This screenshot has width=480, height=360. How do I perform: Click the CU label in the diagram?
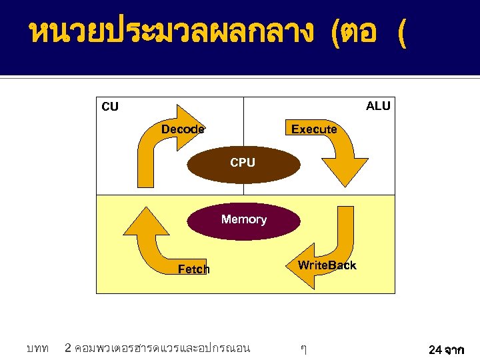(110, 107)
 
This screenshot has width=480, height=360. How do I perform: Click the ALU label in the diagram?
(378, 106)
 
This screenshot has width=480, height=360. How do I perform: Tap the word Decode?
(183, 129)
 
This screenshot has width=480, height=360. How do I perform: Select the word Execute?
(314, 129)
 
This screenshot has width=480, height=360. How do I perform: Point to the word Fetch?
(193, 269)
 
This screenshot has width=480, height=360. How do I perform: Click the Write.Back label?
(327, 265)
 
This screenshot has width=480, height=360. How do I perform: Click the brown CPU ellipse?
(242, 163)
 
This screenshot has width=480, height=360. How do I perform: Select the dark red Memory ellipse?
(243, 219)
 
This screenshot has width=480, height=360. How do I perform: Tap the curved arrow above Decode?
(160, 143)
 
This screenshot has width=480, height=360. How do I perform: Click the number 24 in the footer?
(435, 349)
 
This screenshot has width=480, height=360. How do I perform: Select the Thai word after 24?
(457, 349)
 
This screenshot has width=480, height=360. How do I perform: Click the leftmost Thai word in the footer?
(37, 348)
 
